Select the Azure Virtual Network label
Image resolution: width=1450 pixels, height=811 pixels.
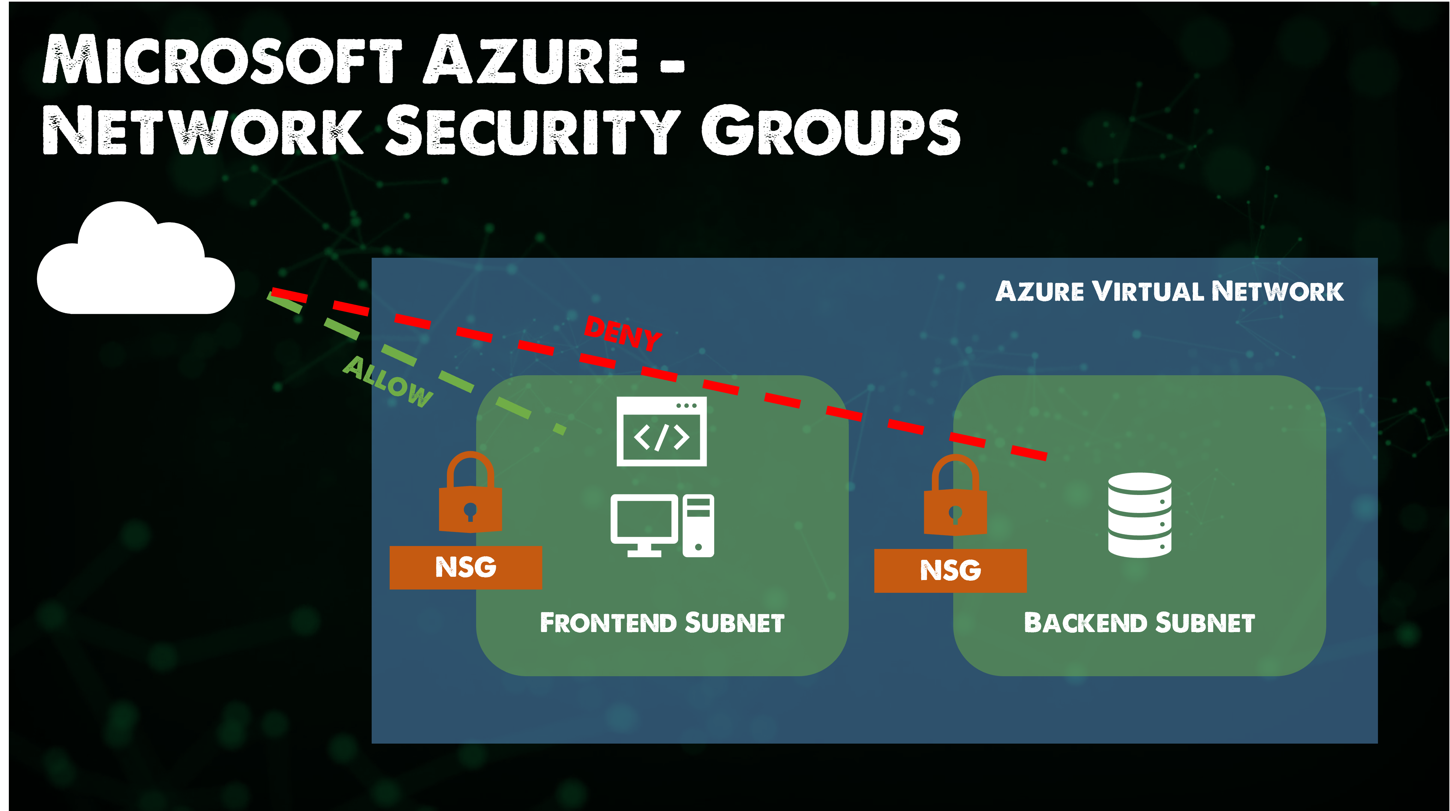tap(1169, 291)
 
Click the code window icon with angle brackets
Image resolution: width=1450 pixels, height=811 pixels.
tap(661, 432)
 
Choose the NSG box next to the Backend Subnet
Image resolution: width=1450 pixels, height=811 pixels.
tap(950, 570)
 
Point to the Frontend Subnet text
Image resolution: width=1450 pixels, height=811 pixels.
tap(662, 623)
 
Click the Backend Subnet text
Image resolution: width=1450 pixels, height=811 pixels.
tap(1139, 623)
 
